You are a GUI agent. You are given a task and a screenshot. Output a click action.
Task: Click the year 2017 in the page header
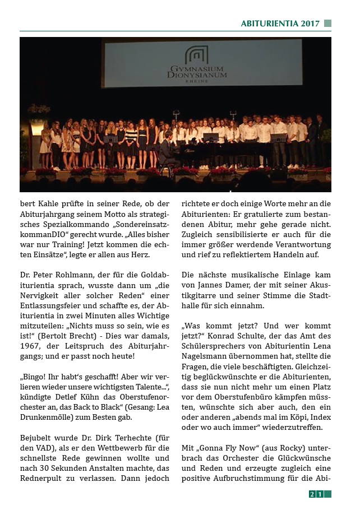pos(310,24)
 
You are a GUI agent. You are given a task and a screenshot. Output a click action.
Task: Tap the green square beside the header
pos(327,24)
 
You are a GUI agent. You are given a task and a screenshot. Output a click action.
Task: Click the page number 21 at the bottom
pos(316,494)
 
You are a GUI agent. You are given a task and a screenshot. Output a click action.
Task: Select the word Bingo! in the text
pos(33,377)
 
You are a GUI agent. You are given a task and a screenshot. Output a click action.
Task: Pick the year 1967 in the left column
pos(31,346)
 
